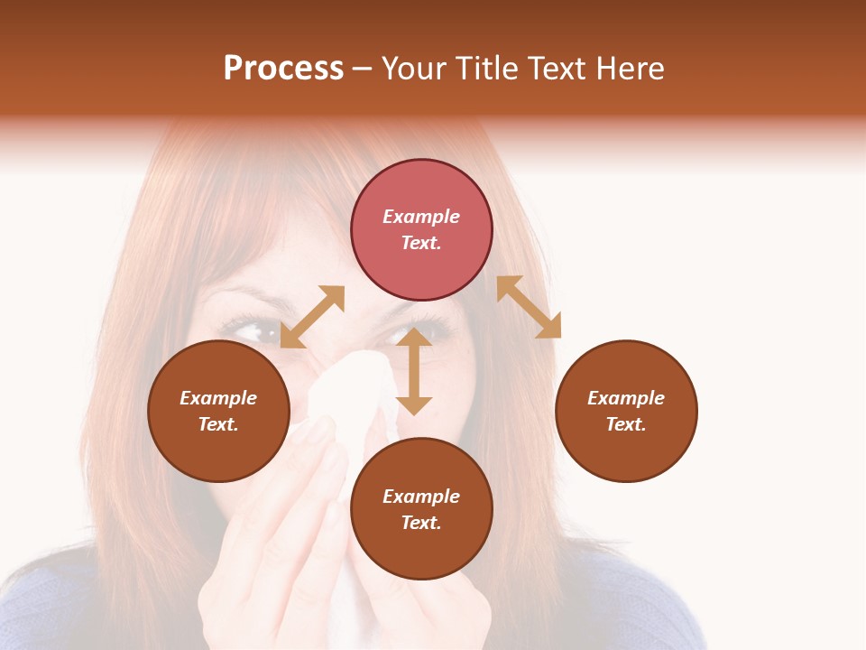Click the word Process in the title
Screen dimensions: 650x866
(x=283, y=69)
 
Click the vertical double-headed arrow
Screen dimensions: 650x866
(x=414, y=371)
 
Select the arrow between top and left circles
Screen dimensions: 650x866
(x=312, y=316)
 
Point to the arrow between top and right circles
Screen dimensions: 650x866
(x=529, y=307)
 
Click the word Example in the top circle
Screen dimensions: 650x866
(x=421, y=217)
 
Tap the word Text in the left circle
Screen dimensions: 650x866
(x=218, y=424)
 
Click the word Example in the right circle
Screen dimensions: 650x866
(x=626, y=398)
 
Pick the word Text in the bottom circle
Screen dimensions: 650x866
(x=421, y=523)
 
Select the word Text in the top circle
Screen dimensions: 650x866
(x=421, y=243)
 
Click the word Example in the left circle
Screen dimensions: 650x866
(x=218, y=398)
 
